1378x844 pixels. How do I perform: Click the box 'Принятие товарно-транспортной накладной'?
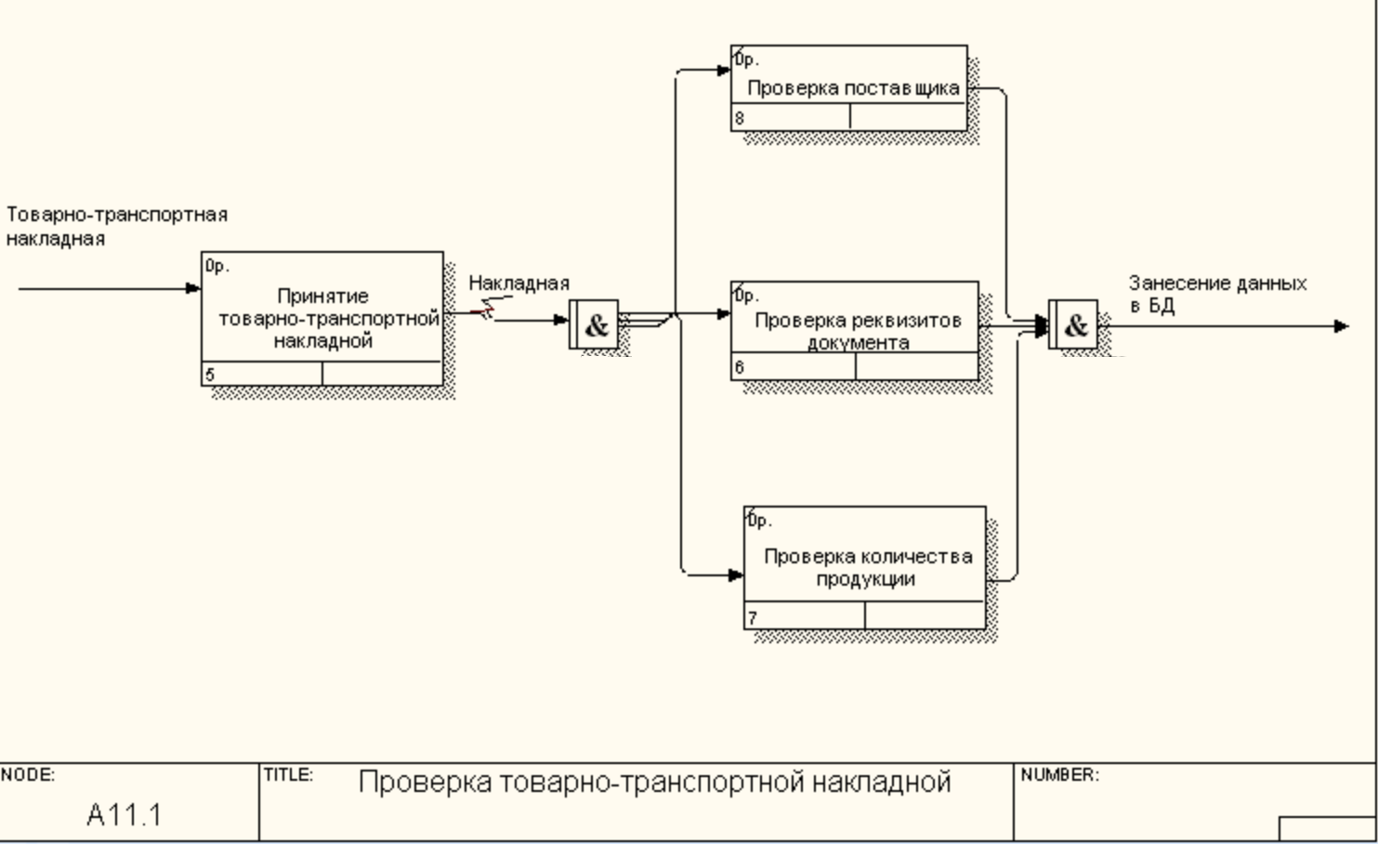[x=322, y=318]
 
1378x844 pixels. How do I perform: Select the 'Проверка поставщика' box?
[x=849, y=87]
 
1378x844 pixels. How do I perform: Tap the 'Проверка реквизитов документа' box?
[x=855, y=330]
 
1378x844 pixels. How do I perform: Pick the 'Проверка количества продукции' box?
[x=865, y=567]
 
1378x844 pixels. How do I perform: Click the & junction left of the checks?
[x=595, y=325]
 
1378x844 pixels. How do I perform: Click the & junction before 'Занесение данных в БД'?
[x=1073, y=325]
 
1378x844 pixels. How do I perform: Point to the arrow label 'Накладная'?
[x=518, y=284]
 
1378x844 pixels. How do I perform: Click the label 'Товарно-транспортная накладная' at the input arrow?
[x=116, y=226]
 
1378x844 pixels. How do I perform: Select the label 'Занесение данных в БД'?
[x=1217, y=293]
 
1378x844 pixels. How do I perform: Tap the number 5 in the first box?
[x=210, y=375]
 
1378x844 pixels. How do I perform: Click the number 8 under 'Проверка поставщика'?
[x=740, y=118]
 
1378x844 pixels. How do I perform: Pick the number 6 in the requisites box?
[x=740, y=367]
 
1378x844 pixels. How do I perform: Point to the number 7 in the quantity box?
[x=753, y=616]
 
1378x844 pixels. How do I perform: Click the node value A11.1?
[x=125, y=815]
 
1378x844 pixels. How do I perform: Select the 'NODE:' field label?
[x=28, y=774]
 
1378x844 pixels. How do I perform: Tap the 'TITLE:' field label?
[x=288, y=774]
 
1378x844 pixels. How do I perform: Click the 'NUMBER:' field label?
[x=1059, y=774]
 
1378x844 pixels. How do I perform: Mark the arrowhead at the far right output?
[x=1341, y=326]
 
